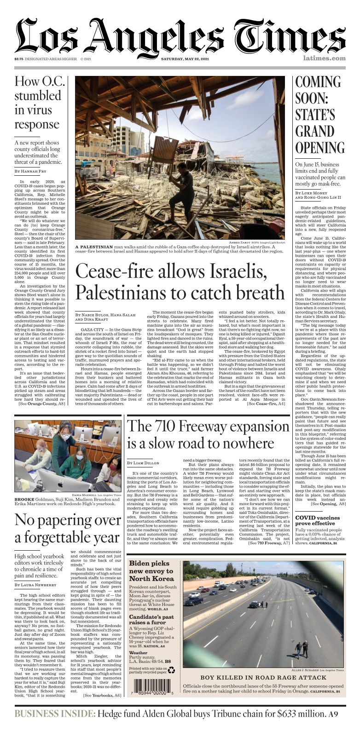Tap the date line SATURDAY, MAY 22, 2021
click(185, 59)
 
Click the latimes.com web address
click(324, 58)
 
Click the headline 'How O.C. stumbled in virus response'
click(37, 103)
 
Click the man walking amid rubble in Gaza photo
click(180, 158)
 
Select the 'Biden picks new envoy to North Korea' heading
click(151, 571)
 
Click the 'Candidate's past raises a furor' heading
click(151, 620)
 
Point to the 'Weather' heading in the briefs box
click(138, 652)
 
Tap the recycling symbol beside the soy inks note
click(171, 670)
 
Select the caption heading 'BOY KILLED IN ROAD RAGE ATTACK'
click(263, 678)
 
